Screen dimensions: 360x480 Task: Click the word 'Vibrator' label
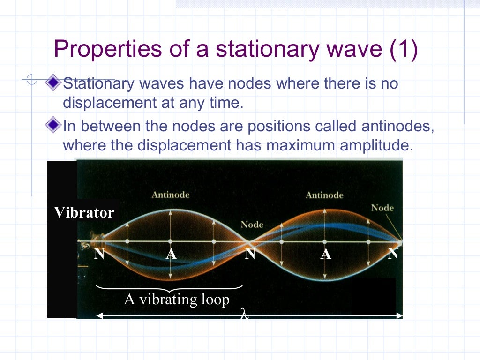pos(84,213)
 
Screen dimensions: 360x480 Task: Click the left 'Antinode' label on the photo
pos(171,195)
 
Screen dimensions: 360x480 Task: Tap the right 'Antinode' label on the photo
pos(324,195)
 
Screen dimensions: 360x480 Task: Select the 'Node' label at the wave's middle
pos(252,225)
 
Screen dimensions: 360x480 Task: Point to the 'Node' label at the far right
pos(382,208)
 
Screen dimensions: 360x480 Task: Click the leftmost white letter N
pos(99,255)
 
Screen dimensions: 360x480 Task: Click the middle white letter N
pos(250,255)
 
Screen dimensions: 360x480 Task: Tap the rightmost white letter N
pos(393,255)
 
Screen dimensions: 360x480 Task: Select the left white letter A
pos(171,255)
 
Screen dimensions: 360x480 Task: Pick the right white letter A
pos(326,255)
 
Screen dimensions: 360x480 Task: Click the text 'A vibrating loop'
pos(177,299)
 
